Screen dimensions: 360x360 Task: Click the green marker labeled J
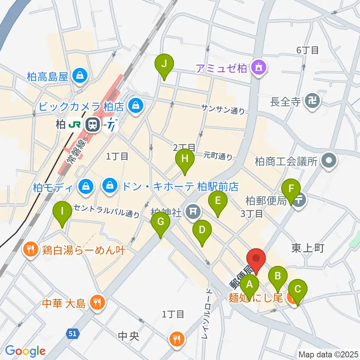coord(164,64)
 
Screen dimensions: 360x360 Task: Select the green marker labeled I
coord(62,211)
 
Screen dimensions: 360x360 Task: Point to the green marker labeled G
coord(160,222)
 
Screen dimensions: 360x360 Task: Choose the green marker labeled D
coord(202,230)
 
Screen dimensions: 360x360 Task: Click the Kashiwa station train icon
coord(91,124)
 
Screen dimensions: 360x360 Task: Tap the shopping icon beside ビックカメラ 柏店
coord(134,106)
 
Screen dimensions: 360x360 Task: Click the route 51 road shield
coord(73,333)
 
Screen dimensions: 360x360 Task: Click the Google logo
coord(25,351)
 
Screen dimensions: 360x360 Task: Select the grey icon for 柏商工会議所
coord(329,162)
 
